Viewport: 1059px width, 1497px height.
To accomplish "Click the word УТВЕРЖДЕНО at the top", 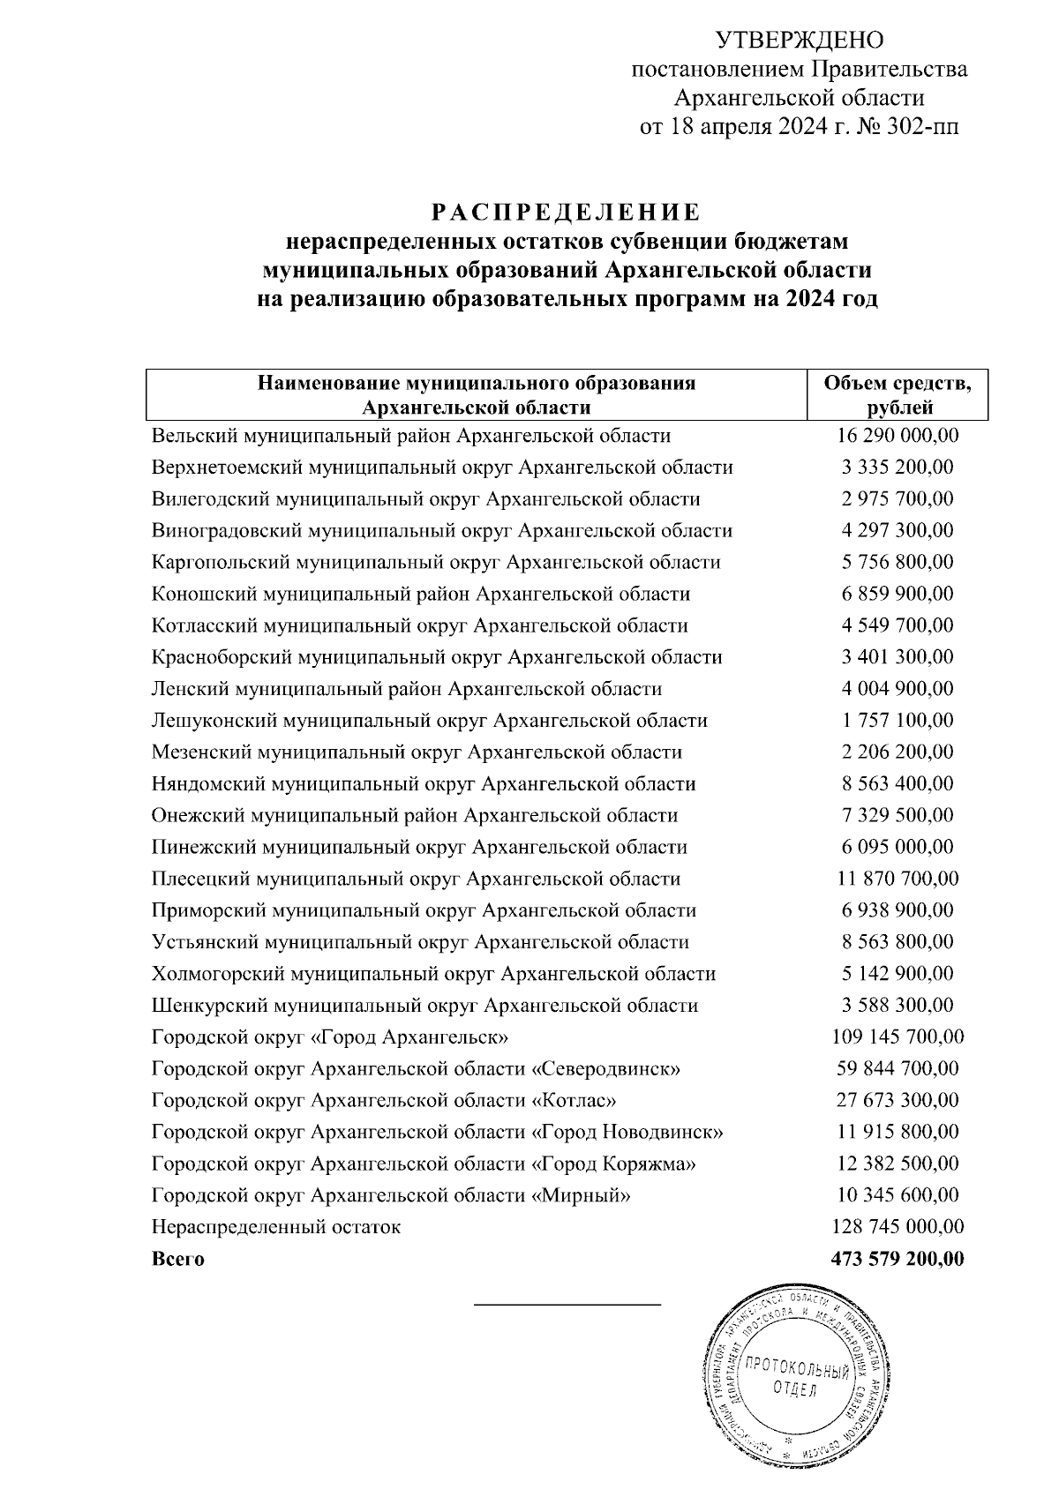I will coord(799,41).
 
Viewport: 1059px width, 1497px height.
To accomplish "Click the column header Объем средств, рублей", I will coord(898,395).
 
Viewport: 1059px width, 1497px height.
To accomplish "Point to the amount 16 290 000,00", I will coord(898,436).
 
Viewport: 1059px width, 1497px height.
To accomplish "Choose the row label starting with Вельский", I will coord(410,436).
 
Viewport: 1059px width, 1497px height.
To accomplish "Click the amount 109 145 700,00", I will coord(898,1037).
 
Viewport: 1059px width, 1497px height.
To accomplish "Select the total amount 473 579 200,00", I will coord(898,1259).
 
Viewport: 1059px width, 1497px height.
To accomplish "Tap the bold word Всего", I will coord(177,1259).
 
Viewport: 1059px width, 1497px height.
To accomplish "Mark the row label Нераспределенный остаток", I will coord(275,1227).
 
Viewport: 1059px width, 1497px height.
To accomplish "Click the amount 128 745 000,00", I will coord(898,1227).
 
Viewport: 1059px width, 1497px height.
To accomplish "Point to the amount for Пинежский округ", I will coord(898,847).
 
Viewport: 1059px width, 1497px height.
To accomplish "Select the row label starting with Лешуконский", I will coord(429,721).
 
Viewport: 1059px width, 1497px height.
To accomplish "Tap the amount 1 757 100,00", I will coord(898,721).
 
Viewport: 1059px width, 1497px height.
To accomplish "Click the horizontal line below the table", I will coord(567,1304).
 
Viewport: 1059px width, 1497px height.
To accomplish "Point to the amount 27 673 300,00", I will coord(898,1101).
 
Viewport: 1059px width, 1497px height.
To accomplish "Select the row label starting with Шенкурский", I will coord(424,1006).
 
